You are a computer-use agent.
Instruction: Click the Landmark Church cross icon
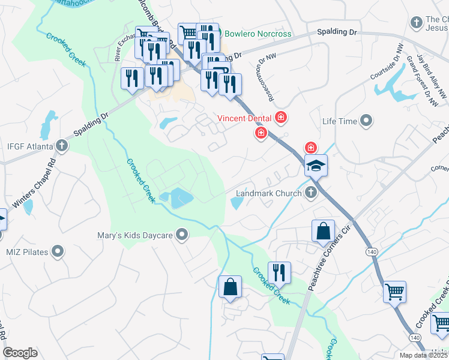(310, 193)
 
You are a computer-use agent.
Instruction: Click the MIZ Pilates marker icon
(58, 252)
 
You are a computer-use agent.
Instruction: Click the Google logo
(20, 353)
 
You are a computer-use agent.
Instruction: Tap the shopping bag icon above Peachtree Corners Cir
(323, 231)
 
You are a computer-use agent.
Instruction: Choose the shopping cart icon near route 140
(394, 292)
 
